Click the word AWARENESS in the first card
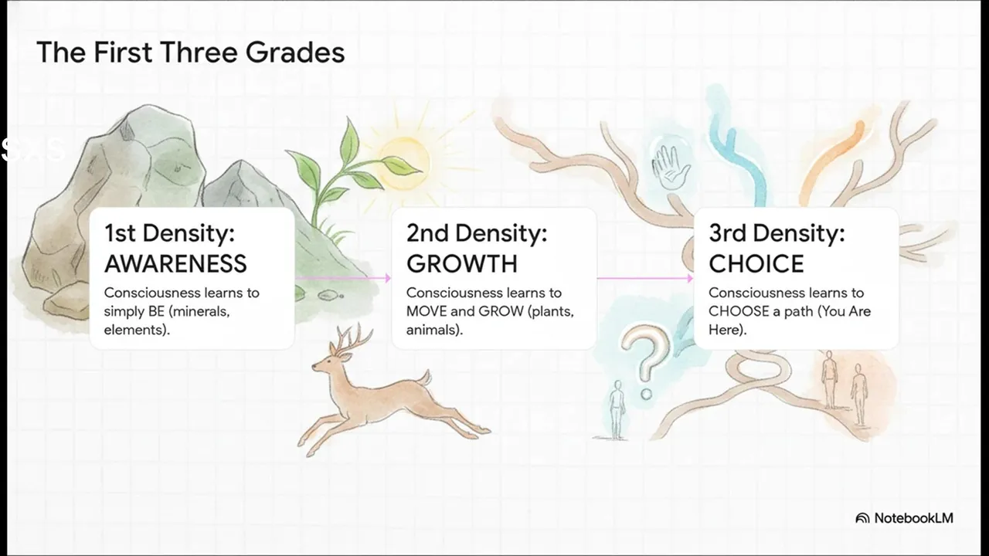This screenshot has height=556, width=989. [175, 264]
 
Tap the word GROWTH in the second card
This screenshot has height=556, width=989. [462, 264]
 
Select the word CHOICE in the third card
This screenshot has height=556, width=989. [756, 264]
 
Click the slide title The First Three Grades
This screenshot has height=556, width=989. [190, 52]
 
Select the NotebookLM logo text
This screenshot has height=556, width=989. [913, 518]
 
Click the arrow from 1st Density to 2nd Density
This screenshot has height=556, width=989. [343, 278]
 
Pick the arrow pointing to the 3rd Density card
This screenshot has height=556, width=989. [645, 278]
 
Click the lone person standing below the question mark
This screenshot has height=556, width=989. [617, 410]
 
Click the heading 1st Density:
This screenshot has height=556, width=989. [169, 233]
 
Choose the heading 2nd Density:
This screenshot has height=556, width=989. [477, 233]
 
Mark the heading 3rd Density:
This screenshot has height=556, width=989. [777, 233]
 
